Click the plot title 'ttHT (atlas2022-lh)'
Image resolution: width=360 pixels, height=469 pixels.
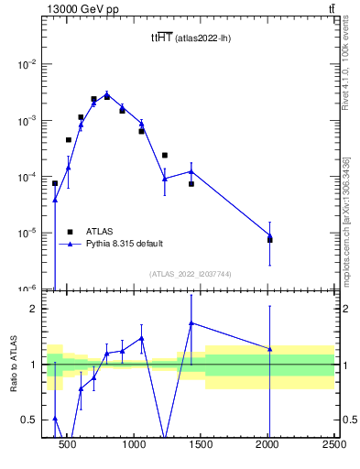[x=191, y=38]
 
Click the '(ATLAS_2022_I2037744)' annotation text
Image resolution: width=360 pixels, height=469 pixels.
[x=191, y=274]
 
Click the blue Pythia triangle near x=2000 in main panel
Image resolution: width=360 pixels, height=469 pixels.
[x=269, y=235]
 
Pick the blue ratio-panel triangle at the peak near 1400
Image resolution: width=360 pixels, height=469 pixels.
[x=191, y=322]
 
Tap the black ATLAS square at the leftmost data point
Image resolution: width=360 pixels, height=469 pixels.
[x=55, y=183]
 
